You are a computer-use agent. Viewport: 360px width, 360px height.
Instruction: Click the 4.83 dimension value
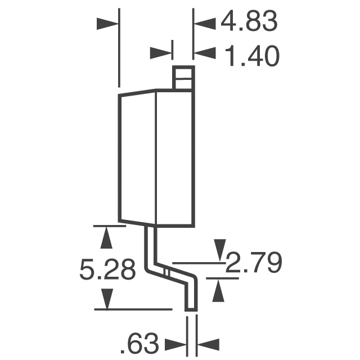pyautogui.click(x=249, y=22)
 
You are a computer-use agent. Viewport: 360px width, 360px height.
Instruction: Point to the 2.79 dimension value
pyautogui.click(x=253, y=263)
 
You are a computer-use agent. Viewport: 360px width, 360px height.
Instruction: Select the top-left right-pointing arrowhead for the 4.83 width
pyautogui.click(x=108, y=23)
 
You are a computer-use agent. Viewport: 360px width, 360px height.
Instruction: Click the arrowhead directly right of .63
pyautogui.click(x=208, y=344)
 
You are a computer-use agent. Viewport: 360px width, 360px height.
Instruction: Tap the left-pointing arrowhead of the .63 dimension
pyautogui.click(x=175, y=344)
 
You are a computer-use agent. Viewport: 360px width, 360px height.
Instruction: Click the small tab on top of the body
pyautogui.click(x=183, y=78)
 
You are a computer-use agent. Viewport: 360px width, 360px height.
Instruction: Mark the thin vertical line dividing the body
pyautogui.click(x=155, y=157)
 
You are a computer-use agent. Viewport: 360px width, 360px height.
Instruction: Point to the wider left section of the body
pyautogui.click(x=137, y=157)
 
